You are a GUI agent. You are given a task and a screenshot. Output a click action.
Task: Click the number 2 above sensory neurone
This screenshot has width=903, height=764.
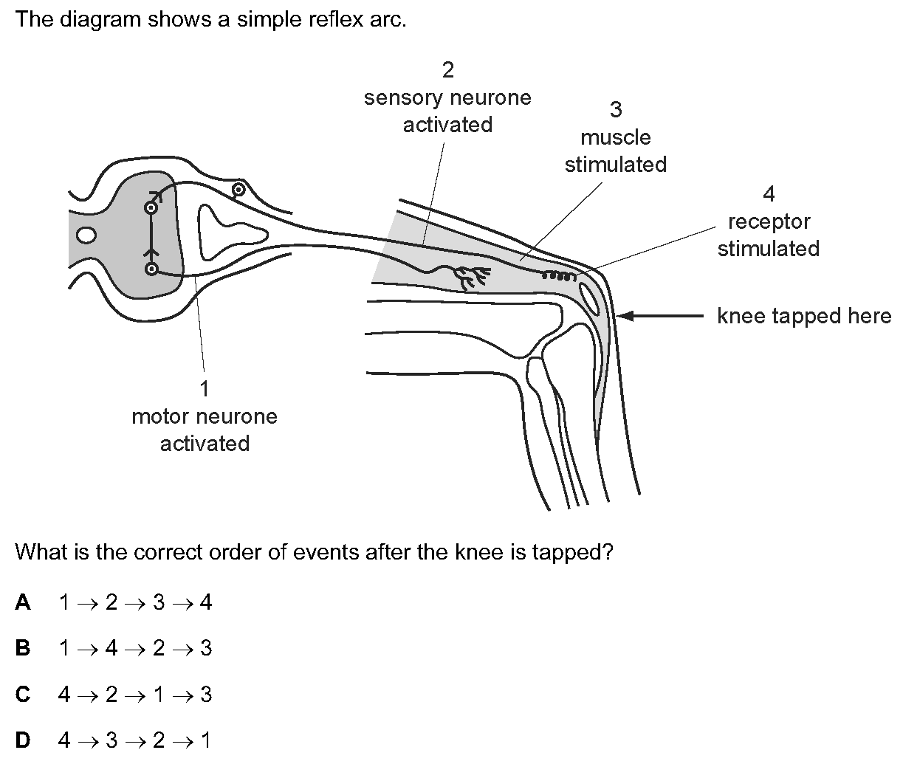tap(447, 70)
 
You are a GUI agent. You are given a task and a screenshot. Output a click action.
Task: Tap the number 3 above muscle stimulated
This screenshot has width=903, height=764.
tap(616, 110)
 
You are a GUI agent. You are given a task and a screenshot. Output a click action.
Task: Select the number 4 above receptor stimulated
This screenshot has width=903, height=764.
tap(769, 193)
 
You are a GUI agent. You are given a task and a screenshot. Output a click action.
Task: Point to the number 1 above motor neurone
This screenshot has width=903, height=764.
tap(205, 388)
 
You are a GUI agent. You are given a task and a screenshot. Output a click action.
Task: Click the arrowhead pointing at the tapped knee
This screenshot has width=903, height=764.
tap(625, 315)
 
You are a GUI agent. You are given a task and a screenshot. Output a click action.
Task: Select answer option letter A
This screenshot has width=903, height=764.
tap(23, 602)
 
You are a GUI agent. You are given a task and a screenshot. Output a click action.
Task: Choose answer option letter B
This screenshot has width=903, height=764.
tap(23, 648)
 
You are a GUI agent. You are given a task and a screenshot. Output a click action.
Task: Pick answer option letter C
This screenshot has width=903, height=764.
tap(23, 694)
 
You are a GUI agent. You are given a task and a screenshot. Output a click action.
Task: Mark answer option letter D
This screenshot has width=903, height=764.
tap(23, 740)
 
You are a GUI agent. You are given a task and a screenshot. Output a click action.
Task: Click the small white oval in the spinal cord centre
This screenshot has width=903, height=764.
tap(86, 235)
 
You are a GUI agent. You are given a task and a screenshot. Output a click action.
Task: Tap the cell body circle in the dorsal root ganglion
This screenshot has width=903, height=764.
tap(238, 190)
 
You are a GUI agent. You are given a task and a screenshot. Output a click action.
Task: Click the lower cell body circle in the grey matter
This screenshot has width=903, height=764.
tap(151, 269)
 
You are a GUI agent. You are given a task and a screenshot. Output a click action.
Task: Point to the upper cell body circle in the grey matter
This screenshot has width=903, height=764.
tap(151, 208)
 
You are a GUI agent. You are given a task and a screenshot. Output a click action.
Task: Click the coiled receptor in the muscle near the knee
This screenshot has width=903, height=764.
tap(559, 276)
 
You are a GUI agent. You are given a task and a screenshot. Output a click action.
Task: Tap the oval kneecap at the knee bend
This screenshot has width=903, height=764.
tap(589, 298)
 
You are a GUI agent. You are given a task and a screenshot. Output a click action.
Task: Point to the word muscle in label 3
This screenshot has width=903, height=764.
tap(616, 137)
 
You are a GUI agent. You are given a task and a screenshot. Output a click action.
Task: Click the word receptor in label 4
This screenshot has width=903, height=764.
tap(769, 222)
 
